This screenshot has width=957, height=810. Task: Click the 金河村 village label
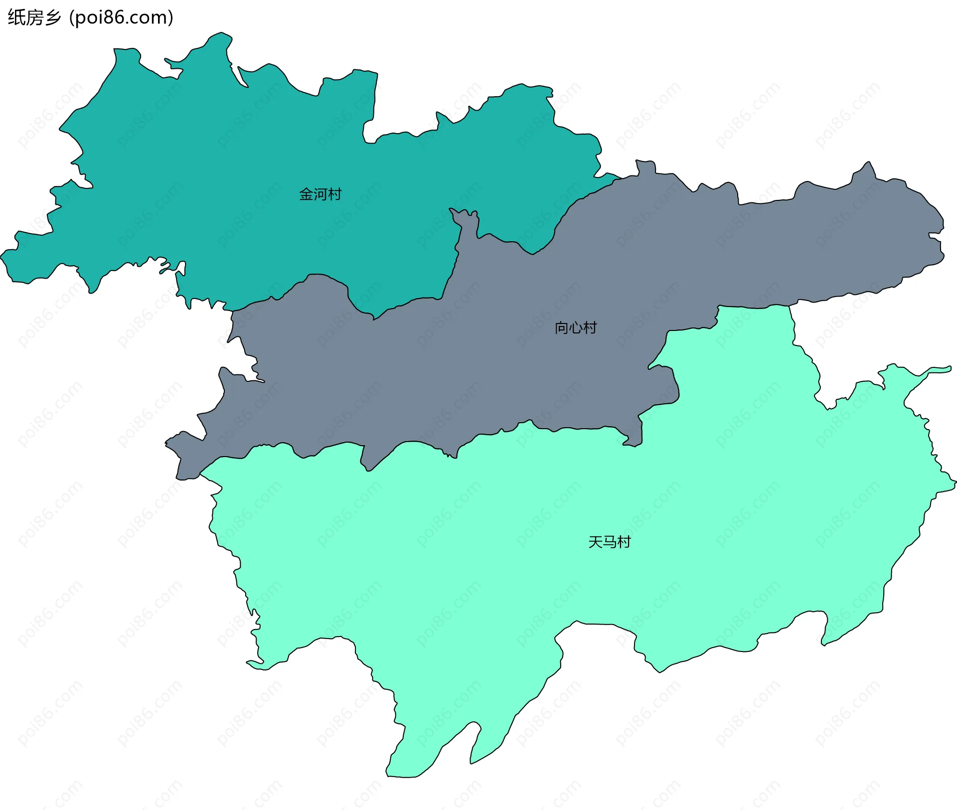click(320, 194)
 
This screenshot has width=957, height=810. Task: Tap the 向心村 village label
click(576, 328)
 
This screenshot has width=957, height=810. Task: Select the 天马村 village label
click(609, 542)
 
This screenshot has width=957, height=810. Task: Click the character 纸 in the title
click(15, 17)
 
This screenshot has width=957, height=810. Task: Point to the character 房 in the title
click(34, 17)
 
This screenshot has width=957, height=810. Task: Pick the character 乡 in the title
click(52, 17)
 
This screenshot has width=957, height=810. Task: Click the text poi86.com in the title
click(121, 17)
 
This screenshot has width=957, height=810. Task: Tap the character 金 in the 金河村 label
click(306, 194)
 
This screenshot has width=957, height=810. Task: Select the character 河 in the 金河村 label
click(320, 194)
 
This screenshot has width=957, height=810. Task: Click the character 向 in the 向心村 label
click(562, 328)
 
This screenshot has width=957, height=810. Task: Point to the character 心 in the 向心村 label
click(576, 328)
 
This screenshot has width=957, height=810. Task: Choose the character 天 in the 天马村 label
click(595, 542)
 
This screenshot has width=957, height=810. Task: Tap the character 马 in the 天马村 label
click(609, 542)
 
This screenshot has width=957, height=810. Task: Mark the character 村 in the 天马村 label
click(624, 542)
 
